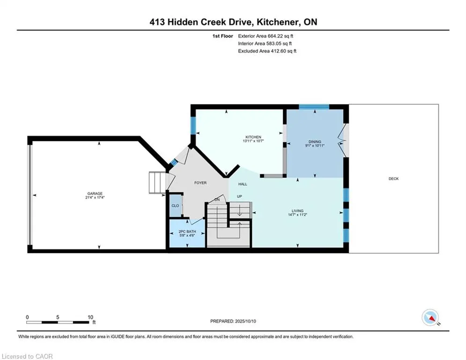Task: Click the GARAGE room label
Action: (95, 194)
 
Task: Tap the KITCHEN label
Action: (253, 137)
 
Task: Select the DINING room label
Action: (315, 142)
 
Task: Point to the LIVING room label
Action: (297, 210)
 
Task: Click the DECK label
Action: (393, 179)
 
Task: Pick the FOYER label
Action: (200, 183)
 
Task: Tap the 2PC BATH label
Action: (187, 232)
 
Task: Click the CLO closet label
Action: (175, 206)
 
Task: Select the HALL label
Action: (243, 184)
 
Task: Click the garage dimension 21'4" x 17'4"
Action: (95, 197)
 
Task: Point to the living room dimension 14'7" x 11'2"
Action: (297, 215)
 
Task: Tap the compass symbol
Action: (430, 317)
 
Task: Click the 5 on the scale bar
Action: (58, 317)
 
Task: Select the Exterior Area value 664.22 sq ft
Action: (280, 36)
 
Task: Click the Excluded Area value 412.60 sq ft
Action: (283, 51)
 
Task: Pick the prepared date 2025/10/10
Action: (245, 321)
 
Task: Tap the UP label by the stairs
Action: (239, 196)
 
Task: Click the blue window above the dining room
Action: (314, 107)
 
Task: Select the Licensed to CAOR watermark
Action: (27, 356)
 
